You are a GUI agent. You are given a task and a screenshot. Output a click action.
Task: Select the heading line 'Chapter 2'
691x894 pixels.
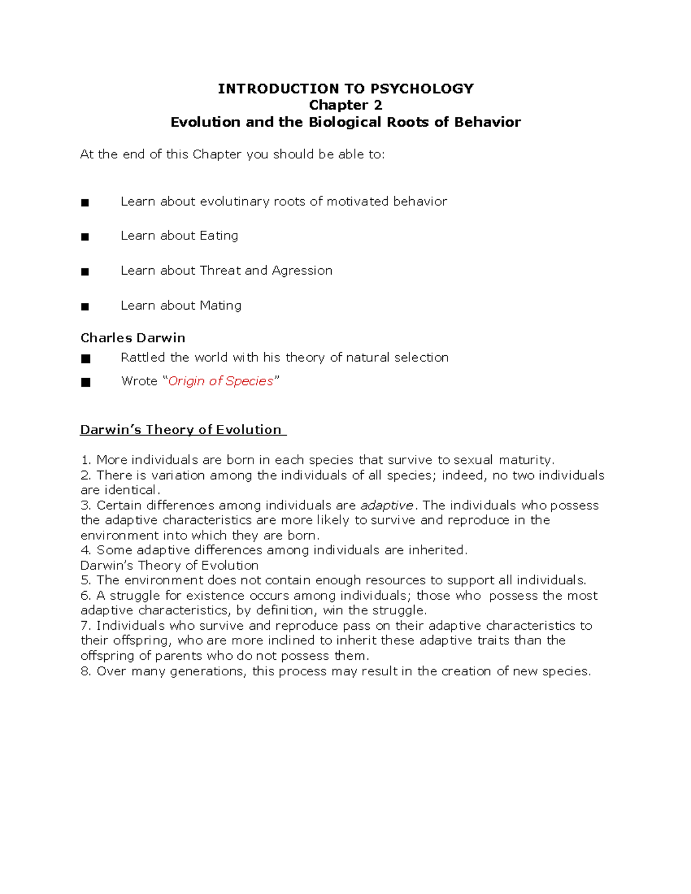click(345, 105)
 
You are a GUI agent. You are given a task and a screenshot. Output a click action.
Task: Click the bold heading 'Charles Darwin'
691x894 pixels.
click(132, 338)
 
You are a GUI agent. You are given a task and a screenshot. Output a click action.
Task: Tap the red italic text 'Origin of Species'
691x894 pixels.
click(221, 381)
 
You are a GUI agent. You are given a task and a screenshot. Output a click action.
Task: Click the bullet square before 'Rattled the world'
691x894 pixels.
click(86, 359)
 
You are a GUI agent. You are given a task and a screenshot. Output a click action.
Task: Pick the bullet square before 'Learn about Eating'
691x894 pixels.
click(85, 237)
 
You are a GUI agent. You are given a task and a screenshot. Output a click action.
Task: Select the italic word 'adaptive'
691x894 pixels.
click(386, 505)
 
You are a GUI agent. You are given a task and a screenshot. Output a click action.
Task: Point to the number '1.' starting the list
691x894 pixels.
click(86, 460)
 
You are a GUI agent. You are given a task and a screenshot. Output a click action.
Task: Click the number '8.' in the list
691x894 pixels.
click(86, 671)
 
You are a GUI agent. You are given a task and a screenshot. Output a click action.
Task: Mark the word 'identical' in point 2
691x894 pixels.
click(130, 490)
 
